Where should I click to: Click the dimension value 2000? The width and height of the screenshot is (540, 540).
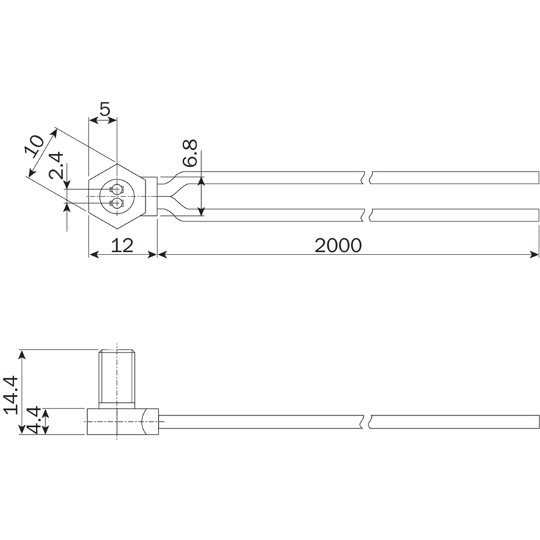[x=338, y=246]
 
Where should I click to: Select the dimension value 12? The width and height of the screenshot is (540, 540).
[x=123, y=246]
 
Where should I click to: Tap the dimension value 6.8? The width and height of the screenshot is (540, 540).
[x=190, y=153]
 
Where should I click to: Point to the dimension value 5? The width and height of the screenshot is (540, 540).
[x=105, y=109]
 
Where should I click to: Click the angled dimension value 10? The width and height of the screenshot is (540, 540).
[x=35, y=146]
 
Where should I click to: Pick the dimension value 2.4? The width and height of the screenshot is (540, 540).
[x=56, y=165]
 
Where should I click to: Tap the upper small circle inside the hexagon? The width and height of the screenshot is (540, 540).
[x=117, y=189]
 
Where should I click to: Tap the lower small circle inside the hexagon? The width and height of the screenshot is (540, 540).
[x=117, y=204]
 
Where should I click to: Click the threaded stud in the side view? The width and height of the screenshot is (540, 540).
[x=117, y=379]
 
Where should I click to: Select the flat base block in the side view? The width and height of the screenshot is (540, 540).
[x=123, y=421]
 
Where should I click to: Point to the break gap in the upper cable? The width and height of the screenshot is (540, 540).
[x=367, y=178]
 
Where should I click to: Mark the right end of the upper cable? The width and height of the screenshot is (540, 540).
[x=538, y=178]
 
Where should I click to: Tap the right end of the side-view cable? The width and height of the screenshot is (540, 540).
[x=538, y=422]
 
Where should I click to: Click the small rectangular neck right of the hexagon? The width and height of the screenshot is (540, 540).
[x=150, y=196]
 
